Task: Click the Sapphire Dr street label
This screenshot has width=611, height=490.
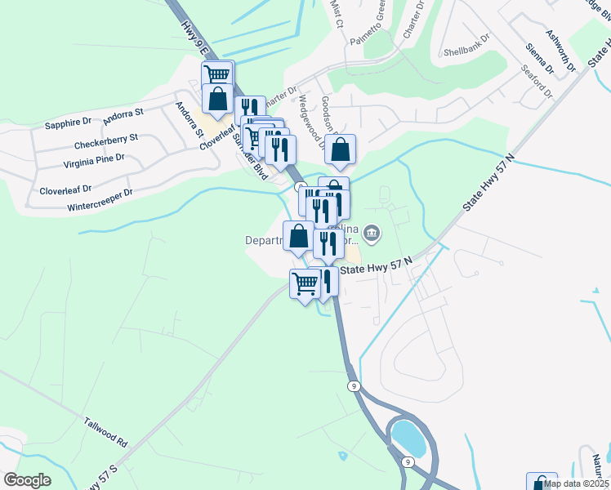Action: click(x=69, y=123)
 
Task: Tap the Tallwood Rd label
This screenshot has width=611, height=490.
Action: click(x=105, y=431)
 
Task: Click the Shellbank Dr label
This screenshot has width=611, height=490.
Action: click(x=466, y=51)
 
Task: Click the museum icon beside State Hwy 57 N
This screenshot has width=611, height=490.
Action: click(x=372, y=235)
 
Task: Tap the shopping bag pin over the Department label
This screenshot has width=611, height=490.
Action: click(x=299, y=237)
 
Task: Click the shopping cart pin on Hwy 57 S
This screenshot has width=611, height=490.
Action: click(x=305, y=284)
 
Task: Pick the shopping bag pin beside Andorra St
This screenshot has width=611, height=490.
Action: click(x=218, y=99)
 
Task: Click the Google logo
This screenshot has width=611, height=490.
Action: click(x=27, y=480)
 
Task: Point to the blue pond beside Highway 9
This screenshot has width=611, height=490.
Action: click(x=406, y=438)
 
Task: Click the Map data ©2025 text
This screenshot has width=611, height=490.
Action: click(x=577, y=483)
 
